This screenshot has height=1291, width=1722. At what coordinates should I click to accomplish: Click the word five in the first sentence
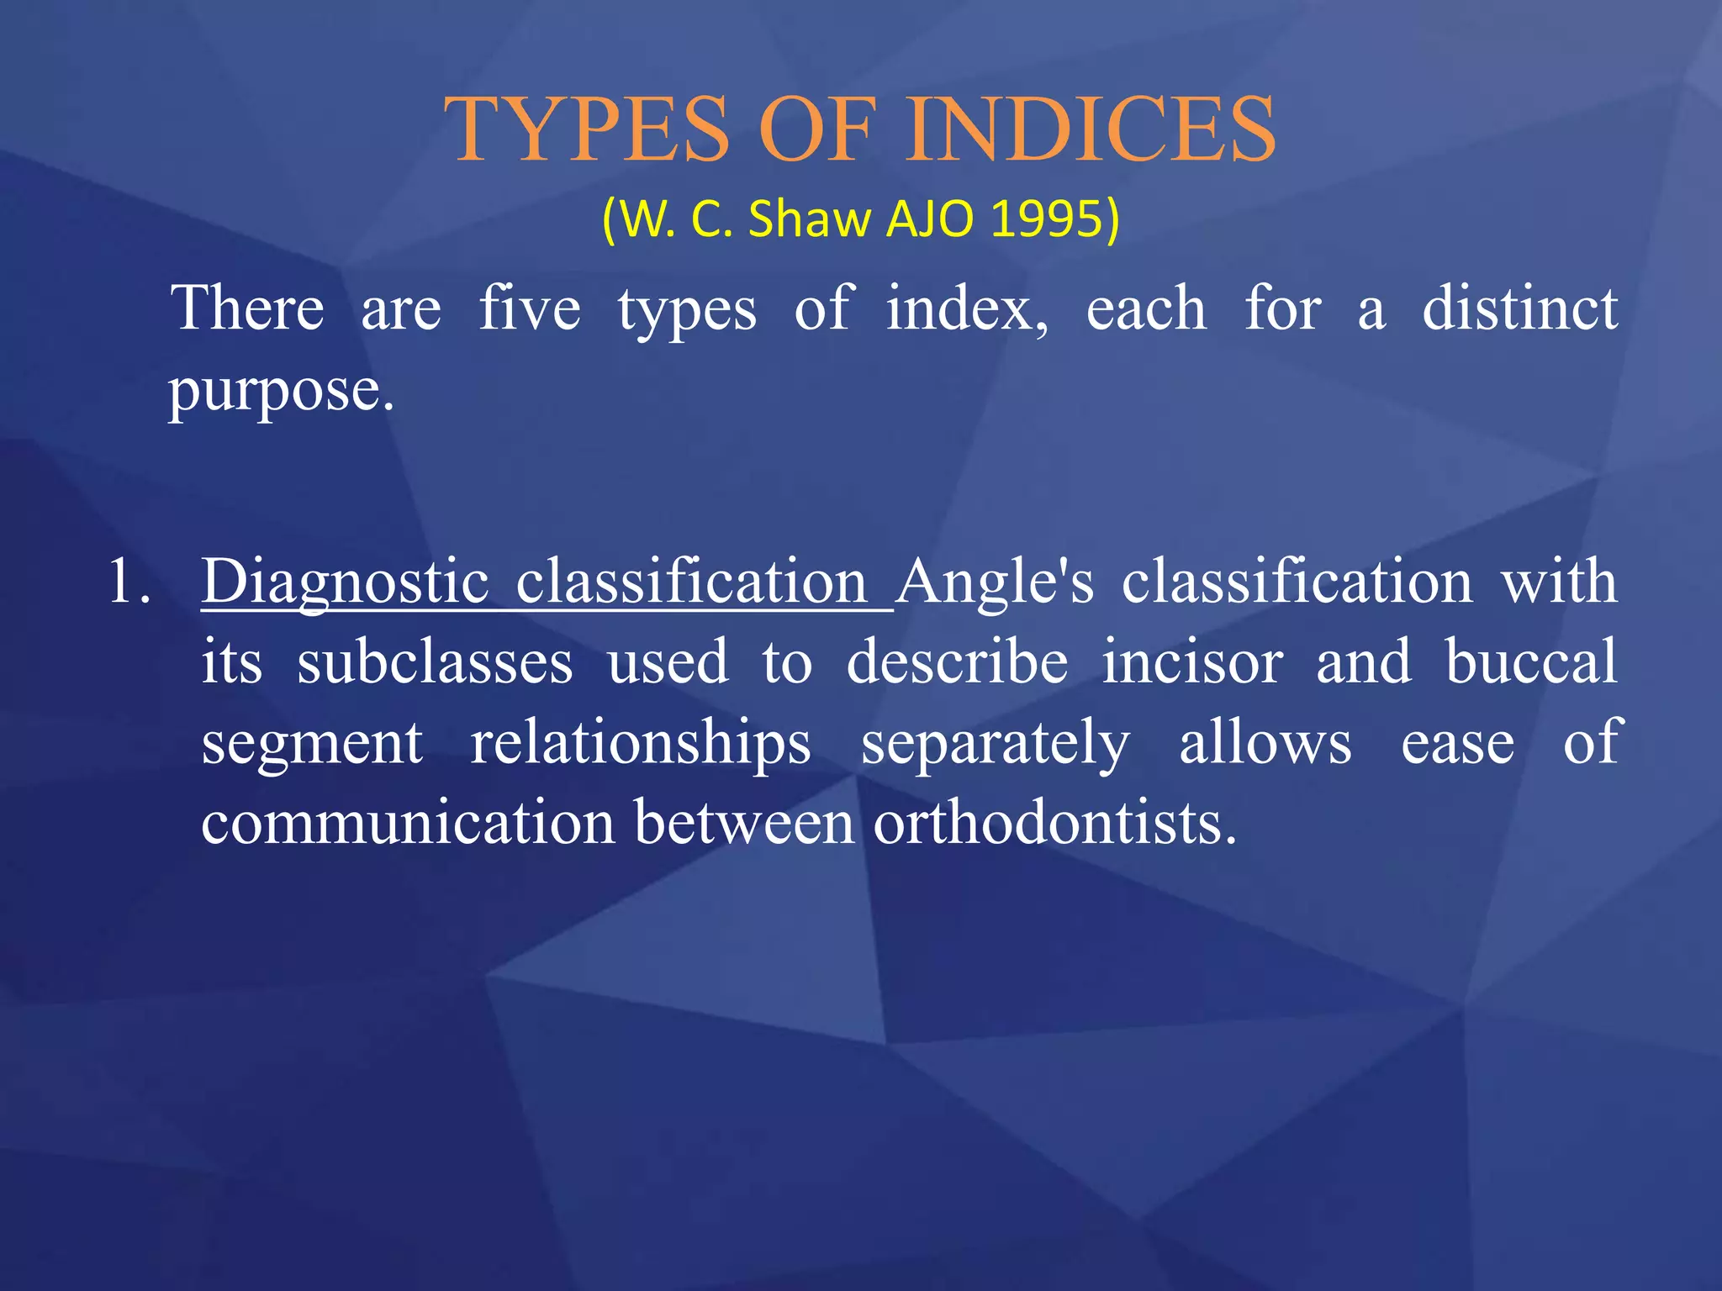tap(530, 308)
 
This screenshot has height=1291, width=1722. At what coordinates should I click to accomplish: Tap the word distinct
tap(1519, 308)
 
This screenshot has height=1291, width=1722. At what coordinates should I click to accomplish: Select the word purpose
tap(281, 393)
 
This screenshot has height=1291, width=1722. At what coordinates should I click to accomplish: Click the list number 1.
tap(129, 582)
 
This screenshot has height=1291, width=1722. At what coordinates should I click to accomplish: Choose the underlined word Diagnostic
tap(345, 582)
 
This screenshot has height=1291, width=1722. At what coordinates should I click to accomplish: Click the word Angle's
tap(995, 582)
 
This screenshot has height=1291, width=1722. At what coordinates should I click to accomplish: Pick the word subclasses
tap(435, 662)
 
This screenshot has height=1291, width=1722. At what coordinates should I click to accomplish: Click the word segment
tap(312, 744)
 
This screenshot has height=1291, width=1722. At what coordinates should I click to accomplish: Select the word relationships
tap(640, 744)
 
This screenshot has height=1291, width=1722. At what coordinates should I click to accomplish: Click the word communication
tap(408, 823)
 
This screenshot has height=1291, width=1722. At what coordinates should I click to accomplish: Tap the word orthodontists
tap(1054, 823)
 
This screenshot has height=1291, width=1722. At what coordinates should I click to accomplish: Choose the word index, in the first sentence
tap(967, 308)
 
